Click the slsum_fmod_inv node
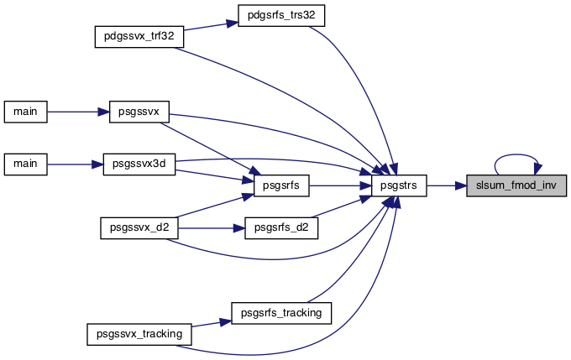tap(516, 185)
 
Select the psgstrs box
tap(399, 185)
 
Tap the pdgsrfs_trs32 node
tap(281, 16)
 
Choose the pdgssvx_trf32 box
tap(139, 36)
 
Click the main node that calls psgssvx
tap(25, 112)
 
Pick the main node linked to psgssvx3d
tap(25, 164)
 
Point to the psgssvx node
tap(139, 112)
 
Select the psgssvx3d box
tap(139, 164)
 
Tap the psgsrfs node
tap(281, 185)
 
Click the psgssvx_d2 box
tap(139, 228)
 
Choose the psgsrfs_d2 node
tap(281, 228)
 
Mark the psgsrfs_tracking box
tap(281, 313)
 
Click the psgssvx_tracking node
tap(139, 334)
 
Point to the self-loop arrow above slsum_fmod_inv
tap(516, 154)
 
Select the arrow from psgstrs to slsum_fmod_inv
tap(447, 185)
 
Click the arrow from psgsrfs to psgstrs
tap(340, 185)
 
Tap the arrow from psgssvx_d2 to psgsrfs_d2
tap(212, 228)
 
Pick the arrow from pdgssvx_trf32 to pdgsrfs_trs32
tap(211, 26)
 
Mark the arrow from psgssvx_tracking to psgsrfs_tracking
tap(212, 324)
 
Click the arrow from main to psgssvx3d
tap(75, 164)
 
